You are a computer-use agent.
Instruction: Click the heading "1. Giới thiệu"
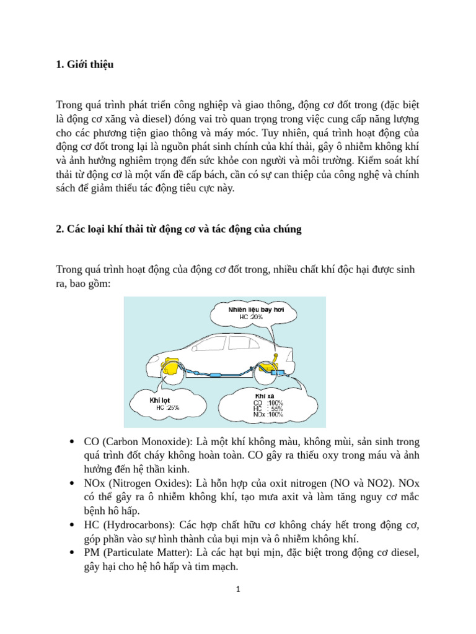(x=85, y=65)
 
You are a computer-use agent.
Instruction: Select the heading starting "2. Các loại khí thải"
(x=178, y=229)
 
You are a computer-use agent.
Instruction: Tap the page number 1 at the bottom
(x=238, y=590)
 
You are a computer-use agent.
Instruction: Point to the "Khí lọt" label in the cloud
(x=160, y=400)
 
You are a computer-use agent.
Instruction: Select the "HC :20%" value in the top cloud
(x=251, y=316)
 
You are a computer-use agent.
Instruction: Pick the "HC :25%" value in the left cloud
(x=167, y=407)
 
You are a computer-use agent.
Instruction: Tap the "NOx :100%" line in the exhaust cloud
(x=268, y=415)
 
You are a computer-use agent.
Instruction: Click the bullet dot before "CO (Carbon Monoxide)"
(x=73, y=442)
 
